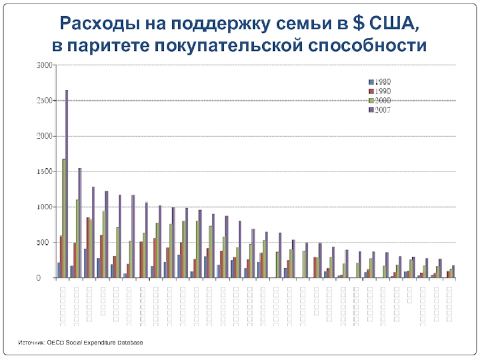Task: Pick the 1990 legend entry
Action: (x=379, y=91)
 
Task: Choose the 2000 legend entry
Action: (x=379, y=100)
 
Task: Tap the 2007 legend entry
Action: (x=379, y=109)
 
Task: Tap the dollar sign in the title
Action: (x=358, y=23)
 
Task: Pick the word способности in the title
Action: (x=367, y=45)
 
